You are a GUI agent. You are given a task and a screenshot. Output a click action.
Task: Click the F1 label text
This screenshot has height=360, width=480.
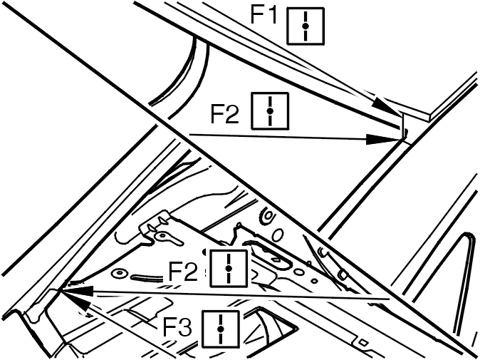264,15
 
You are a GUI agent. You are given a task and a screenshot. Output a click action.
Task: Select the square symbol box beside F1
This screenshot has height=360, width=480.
306,26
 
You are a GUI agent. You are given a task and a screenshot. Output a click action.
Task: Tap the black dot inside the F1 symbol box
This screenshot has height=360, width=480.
306,26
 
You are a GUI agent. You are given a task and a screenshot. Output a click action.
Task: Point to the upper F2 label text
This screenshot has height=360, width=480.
224,114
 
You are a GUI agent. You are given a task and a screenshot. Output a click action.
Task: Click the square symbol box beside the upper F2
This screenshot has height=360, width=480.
270,111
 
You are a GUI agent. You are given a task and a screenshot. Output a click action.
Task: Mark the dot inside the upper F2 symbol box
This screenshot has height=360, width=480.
270,111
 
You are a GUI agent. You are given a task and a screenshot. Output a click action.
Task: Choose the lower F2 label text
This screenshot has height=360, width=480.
183,271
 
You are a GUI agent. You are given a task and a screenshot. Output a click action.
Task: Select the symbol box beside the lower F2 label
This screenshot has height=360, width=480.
229,268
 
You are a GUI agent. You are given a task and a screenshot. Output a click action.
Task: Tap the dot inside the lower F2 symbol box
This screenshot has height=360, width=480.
229,268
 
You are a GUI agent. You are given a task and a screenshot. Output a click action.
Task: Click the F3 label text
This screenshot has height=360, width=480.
177,327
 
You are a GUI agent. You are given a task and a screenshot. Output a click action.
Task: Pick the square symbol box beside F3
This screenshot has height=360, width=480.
220,329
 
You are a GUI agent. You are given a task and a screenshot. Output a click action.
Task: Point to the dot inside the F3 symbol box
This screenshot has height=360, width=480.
220,329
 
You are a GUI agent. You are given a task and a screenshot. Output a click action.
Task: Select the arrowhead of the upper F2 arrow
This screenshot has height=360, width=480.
382,140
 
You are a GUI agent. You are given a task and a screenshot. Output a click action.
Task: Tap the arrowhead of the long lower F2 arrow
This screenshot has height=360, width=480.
76,291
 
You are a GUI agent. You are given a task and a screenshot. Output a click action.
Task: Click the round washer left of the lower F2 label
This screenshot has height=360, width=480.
120,273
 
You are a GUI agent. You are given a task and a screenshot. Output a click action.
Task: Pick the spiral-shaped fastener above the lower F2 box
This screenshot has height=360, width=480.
267,216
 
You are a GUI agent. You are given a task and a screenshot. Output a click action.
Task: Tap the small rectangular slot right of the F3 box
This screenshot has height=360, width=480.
363,342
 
